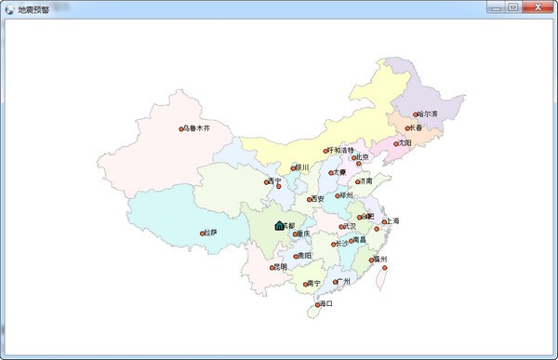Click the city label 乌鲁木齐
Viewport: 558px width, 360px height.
coord(197,127)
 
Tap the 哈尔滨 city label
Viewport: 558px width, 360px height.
coord(428,113)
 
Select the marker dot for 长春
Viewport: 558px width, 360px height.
coord(407,128)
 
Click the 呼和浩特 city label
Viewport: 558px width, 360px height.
coord(341,150)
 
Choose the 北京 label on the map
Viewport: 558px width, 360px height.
coord(362,157)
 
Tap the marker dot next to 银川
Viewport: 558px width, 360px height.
coord(294,168)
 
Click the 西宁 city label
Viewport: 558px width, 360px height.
coord(274,180)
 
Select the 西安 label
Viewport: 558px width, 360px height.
coord(318,198)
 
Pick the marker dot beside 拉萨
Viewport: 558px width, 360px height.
coord(203,233)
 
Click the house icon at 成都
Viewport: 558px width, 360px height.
coord(279,225)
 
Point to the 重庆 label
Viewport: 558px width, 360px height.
coord(303,233)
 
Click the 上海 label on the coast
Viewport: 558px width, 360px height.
coord(392,221)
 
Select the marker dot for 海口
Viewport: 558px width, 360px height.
coord(318,305)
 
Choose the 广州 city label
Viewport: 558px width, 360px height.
coord(344,280)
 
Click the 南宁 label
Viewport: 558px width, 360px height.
coord(313,283)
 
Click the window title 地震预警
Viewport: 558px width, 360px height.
coord(34,7)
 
